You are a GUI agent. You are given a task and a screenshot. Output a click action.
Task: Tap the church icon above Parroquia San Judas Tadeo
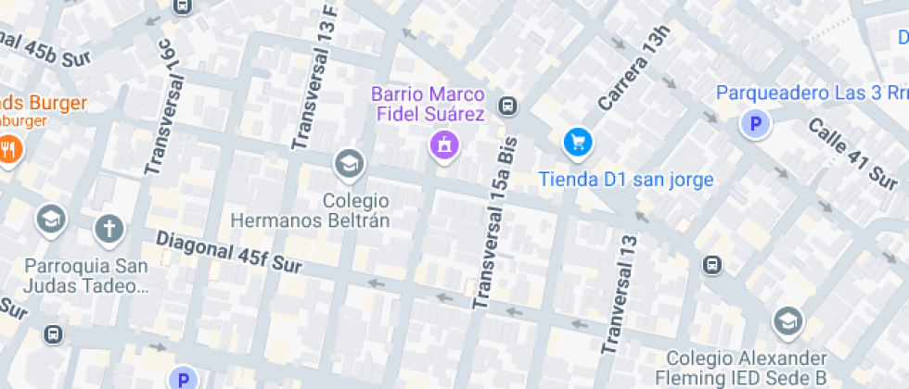tap(109, 228)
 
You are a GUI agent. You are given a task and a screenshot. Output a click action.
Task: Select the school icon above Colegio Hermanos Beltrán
tap(350, 164)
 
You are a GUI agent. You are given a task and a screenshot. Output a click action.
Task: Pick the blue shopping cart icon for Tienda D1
tap(578, 142)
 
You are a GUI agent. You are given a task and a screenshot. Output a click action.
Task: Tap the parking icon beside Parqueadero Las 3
tap(755, 123)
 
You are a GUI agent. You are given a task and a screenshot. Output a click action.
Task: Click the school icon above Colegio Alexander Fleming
tap(787, 320)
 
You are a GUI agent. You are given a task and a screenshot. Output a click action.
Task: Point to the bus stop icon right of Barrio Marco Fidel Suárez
tap(507, 106)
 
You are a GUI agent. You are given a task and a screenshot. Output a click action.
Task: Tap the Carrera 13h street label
tap(634, 69)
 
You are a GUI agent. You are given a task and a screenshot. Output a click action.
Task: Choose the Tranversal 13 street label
tap(621, 295)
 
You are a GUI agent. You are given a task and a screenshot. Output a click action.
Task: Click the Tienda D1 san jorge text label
tap(626, 180)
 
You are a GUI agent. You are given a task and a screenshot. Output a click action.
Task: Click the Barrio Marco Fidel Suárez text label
tap(429, 105)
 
